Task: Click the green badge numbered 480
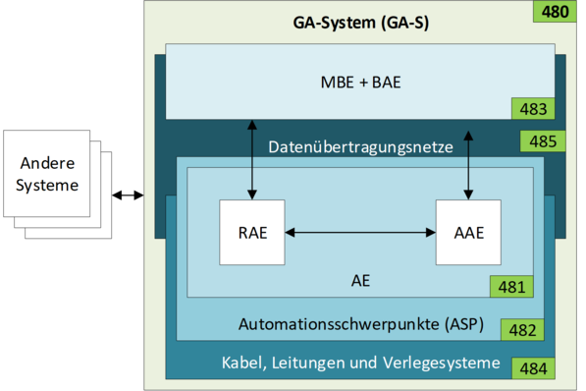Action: [x=555, y=13]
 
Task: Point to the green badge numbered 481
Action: [x=509, y=287]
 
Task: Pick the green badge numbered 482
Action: [x=521, y=329]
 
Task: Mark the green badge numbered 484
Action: [x=535, y=370]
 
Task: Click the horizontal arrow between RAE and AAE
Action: [x=360, y=233]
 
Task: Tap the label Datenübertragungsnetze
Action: [x=360, y=147]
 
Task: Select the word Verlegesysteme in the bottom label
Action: [x=447, y=363]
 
